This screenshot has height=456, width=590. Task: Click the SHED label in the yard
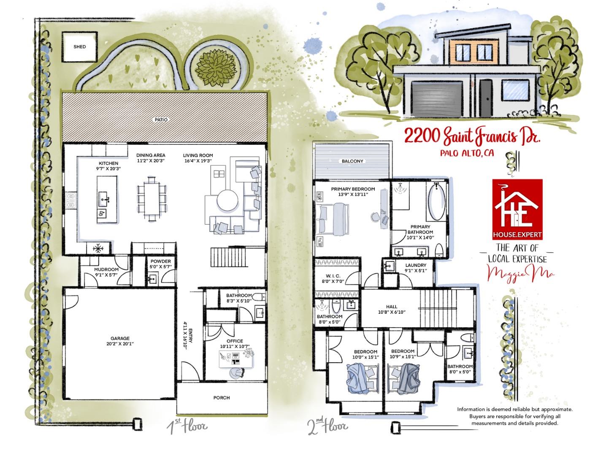(x=79, y=46)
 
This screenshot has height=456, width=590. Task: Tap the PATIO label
(x=161, y=120)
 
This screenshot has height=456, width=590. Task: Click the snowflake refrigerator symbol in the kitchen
(x=98, y=249)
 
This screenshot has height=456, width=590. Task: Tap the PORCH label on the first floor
(x=222, y=398)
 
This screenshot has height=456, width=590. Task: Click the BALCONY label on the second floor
(x=353, y=161)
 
